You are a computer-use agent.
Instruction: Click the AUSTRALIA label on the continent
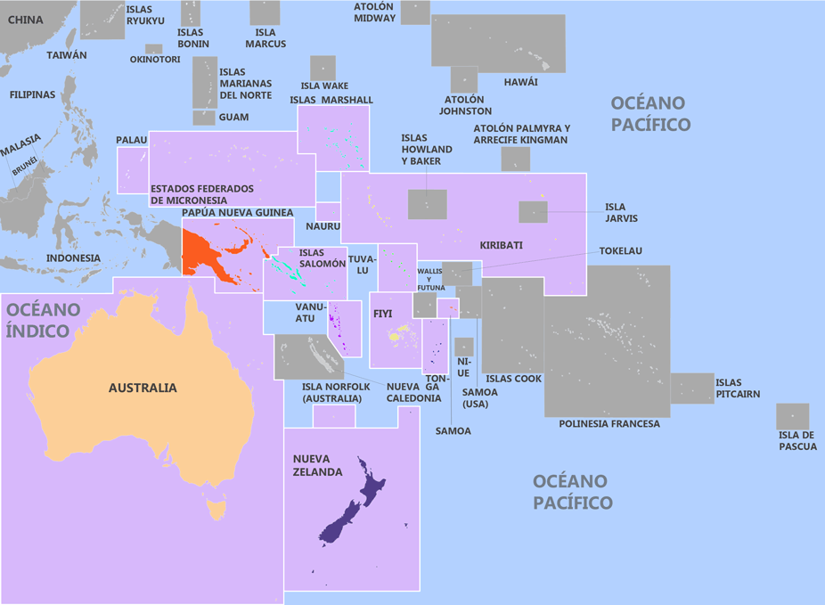(x=143, y=388)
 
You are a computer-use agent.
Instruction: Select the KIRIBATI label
(x=501, y=245)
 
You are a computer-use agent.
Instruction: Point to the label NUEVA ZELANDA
(x=317, y=465)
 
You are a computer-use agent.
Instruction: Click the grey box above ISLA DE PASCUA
(x=792, y=416)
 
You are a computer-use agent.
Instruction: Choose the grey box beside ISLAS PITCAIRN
(x=692, y=388)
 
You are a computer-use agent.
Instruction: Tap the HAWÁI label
(x=521, y=82)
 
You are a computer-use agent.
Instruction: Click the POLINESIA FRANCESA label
(x=609, y=424)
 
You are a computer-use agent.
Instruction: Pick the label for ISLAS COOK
(x=514, y=379)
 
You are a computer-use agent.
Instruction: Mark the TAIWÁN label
(x=67, y=55)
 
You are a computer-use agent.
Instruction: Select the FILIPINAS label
(x=32, y=94)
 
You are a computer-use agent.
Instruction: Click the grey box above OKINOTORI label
(x=154, y=49)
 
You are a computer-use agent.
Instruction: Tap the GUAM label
(x=233, y=118)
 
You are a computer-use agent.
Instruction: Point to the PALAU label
(x=132, y=141)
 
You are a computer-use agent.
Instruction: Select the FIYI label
(x=383, y=314)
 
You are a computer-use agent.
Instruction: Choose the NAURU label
(x=325, y=226)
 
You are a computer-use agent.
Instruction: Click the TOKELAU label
(x=620, y=251)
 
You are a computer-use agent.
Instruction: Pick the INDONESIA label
(x=73, y=258)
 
